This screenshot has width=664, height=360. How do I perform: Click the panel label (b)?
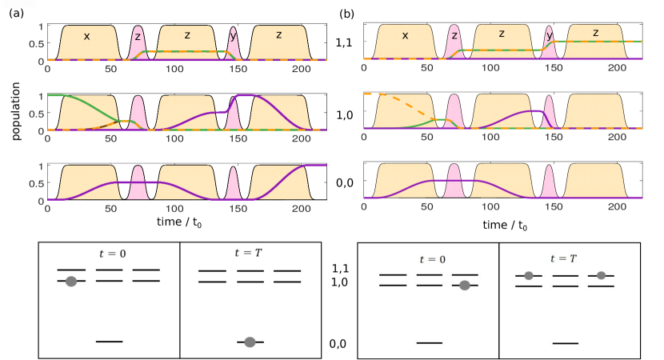click(347, 14)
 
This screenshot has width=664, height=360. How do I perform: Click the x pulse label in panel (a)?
click(86, 36)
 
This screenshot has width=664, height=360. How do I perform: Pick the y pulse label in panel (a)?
click(233, 35)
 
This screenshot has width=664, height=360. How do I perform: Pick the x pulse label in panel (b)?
click(405, 35)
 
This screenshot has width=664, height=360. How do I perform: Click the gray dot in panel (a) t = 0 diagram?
click(71, 281)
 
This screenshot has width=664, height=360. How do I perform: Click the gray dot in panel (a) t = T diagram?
click(250, 342)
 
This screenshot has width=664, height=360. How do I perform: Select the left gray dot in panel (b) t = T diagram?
click(529, 276)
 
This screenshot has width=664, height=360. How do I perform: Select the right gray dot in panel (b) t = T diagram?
click(602, 276)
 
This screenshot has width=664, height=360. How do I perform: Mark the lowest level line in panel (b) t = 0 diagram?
click(429, 342)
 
